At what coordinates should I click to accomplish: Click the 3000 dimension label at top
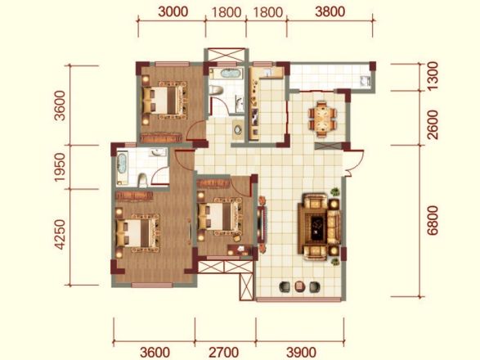click(173, 12)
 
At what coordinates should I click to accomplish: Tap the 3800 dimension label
click(330, 12)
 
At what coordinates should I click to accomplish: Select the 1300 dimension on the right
click(433, 75)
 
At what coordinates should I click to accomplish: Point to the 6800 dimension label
click(433, 220)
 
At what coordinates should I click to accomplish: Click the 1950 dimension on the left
click(60, 167)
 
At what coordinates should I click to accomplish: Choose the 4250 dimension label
click(60, 234)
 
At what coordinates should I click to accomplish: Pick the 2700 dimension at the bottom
click(224, 353)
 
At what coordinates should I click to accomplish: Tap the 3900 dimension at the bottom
click(301, 353)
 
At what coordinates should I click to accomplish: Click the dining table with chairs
click(322, 119)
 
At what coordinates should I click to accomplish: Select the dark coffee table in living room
click(318, 226)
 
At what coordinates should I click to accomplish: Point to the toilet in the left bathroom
click(142, 180)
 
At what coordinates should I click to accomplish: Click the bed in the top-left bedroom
click(164, 100)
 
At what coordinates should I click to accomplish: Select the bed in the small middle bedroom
click(219, 216)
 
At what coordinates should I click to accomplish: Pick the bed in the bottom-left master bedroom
click(137, 233)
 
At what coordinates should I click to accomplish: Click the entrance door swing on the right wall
click(353, 163)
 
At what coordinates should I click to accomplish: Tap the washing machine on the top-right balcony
click(365, 81)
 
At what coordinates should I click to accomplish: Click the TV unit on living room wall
click(262, 224)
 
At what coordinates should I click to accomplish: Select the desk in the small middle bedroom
click(239, 250)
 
